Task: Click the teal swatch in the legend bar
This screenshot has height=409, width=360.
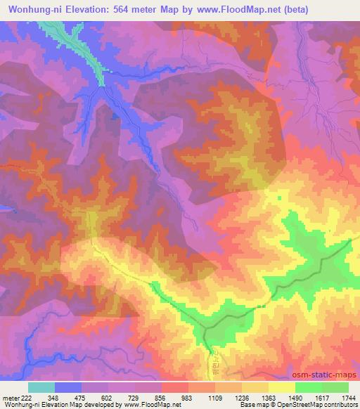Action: (x=41, y=387)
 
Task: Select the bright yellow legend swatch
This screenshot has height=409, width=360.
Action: (x=281, y=387)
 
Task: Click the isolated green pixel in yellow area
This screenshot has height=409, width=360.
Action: (x=280, y=198)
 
